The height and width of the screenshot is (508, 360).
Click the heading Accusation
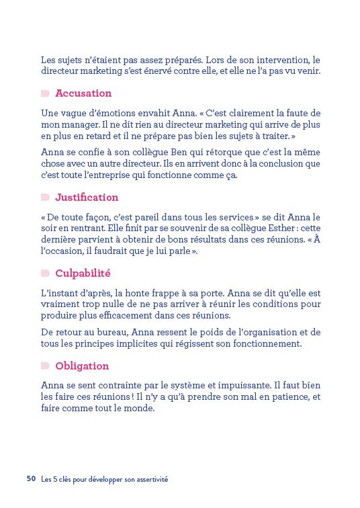[83, 93]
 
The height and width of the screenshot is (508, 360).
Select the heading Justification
[87, 198]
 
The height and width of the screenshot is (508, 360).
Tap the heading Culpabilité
[83, 274]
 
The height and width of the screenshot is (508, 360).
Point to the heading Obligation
[82, 366]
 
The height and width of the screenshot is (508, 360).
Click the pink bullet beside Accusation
[45, 93]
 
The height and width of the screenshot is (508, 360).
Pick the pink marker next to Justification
[45, 198]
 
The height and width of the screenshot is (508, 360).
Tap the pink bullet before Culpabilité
[45, 274]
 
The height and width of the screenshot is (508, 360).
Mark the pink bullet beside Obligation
[45, 366]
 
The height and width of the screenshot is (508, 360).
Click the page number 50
[32, 479]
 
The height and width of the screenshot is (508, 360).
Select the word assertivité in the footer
[149, 480]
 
